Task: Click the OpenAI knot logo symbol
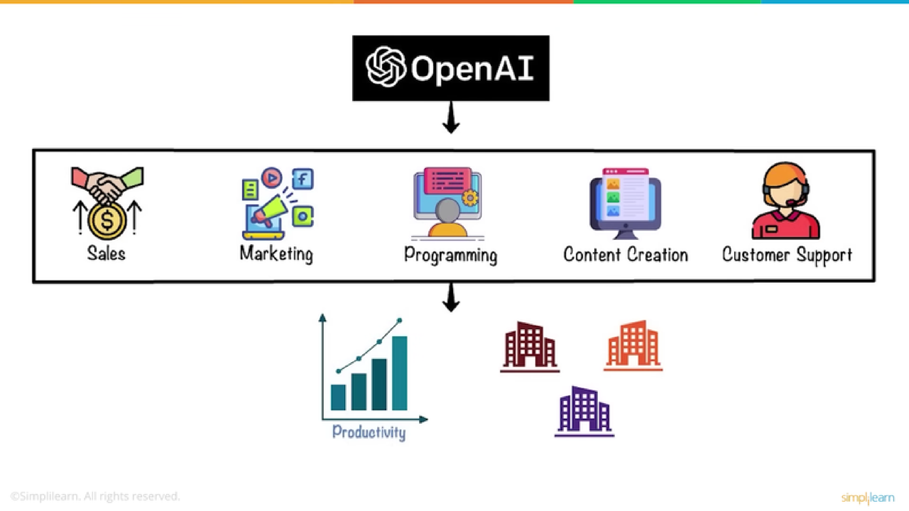point(385,67)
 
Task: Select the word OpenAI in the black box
point(472,68)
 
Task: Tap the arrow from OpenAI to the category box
point(451,117)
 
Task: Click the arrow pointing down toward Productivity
point(451,297)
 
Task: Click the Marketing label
point(276,254)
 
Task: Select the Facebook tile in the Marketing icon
point(303,179)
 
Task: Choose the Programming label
point(451,255)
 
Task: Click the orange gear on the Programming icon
point(470,197)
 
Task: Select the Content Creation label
point(625,255)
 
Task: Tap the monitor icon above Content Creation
point(625,204)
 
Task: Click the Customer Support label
point(787,255)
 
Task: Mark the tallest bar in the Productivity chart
point(400,373)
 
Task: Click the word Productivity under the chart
point(369,432)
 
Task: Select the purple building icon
point(584,411)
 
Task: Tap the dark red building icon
point(530,347)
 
